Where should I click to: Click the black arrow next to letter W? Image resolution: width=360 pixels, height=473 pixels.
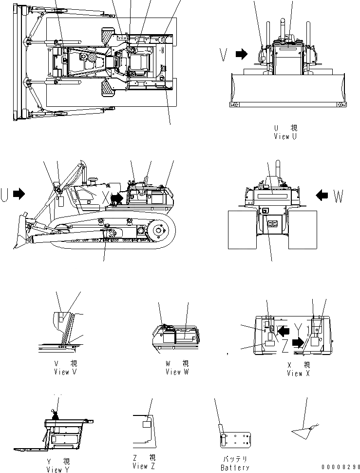tap(322, 195)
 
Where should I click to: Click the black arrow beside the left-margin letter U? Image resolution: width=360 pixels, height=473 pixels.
tap(19, 194)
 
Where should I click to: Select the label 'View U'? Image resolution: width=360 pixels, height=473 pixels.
tap(285, 137)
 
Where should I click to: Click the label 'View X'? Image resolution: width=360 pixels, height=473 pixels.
tap(295, 373)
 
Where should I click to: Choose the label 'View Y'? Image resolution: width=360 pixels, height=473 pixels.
tap(58, 470)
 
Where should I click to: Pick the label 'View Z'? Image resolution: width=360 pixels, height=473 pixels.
tap(144, 466)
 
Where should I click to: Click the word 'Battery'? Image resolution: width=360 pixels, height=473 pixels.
tap(235, 468)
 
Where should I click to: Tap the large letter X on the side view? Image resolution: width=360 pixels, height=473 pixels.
tap(106, 197)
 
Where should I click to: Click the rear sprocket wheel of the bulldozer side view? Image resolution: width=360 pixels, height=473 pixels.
tap(159, 231)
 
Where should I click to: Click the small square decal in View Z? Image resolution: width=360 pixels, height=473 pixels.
tap(147, 425)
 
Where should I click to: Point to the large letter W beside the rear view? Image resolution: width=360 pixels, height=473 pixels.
tap(339, 197)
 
